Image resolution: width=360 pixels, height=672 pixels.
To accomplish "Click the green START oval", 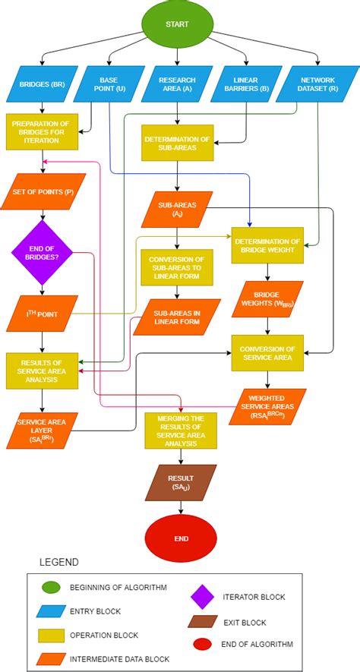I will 177,24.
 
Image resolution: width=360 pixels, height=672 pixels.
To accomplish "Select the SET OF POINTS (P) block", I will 42,192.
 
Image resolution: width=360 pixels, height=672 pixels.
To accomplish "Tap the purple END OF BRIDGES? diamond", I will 42,253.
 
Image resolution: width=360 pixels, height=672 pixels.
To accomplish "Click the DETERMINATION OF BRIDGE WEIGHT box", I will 267,245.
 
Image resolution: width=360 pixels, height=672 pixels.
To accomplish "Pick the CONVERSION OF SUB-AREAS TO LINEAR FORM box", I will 176,267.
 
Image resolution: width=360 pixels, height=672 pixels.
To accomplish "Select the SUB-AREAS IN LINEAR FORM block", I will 176,317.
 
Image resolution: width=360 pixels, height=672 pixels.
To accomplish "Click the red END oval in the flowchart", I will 180,538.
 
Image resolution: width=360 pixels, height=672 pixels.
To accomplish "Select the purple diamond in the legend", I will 204,597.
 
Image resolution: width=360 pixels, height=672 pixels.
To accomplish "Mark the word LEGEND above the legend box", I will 59,562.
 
